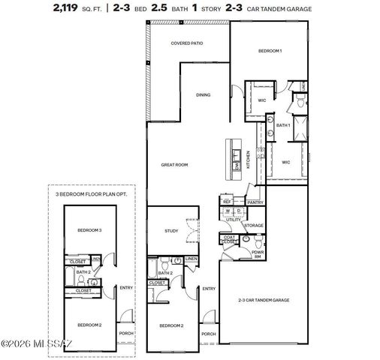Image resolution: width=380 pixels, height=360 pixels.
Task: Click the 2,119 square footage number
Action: click(68, 9)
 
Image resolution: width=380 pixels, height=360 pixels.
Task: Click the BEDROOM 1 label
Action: click(270, 50)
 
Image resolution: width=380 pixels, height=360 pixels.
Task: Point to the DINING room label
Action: click(203, 95)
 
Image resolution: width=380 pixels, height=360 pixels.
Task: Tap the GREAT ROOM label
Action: click(173, 164)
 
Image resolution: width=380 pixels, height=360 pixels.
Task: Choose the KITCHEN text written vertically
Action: click(249, 160)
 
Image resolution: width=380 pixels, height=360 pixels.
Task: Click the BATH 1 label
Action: click(283, 125)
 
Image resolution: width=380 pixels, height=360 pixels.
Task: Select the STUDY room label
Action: click(171, 231)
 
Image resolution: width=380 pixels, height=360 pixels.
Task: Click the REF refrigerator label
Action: click(226, 202)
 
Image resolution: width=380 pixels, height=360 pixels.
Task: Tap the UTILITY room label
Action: click(234, 220)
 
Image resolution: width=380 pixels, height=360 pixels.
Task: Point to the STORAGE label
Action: click(254, 225)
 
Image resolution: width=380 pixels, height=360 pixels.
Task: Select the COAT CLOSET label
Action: click(229, 241)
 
